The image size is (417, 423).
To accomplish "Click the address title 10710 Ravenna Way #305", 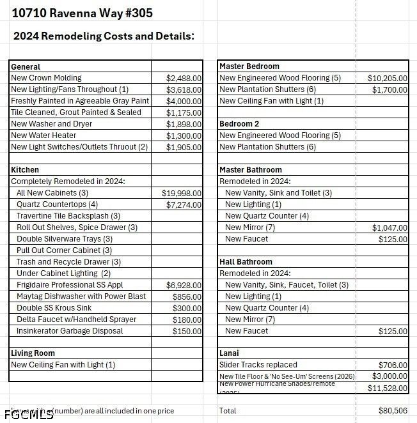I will click(x=83, y=13).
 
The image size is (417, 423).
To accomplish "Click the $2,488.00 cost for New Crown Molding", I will click(x=184, y=78).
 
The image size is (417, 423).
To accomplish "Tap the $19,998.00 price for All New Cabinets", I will click(x=182, y=193).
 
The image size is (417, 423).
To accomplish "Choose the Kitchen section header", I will click(x=25, y=170).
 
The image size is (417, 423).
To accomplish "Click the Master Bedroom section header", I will click(x=249, y=66).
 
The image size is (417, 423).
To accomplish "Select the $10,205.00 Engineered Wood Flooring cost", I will click(x=387, y=78).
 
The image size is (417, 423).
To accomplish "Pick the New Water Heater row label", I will click(x=43, y=135).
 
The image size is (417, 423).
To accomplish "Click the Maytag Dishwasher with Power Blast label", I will click(x=81, y=296).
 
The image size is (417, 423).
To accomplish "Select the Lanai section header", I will click(x=230, y=353).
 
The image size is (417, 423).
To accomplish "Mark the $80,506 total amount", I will click(x=393, y=411).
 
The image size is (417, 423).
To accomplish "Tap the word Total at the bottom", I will click(x=228, y=411).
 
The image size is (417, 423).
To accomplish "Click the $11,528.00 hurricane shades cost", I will click(x=387, y=388).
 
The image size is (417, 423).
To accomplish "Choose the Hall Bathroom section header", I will click(x=246, y=262).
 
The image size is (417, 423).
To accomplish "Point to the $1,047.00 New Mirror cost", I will click(x=389, y=227).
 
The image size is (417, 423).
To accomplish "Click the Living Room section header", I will click(x=33, y=353).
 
